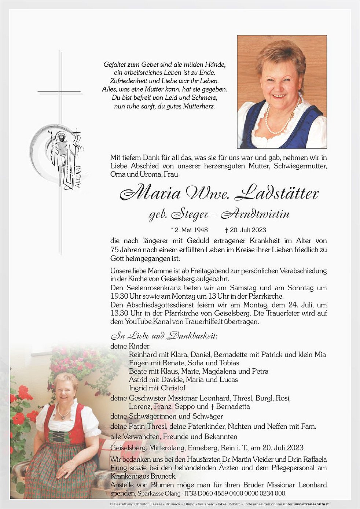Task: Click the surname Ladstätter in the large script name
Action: click(277, 193)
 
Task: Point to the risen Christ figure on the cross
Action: click(62, 158)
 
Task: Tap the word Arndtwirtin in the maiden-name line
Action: click(255, 214)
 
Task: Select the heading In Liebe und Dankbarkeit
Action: click(164, 336)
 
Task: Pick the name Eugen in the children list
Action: click(138, 363)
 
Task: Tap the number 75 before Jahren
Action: click(114, 250)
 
